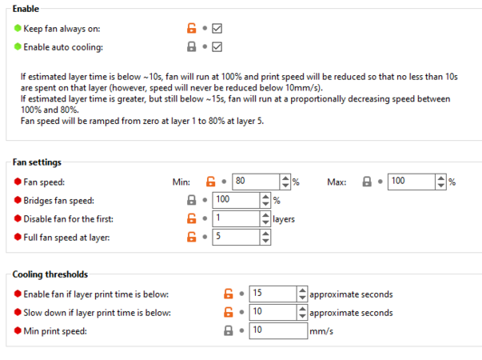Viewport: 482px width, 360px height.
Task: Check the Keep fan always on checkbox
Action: [217, 28]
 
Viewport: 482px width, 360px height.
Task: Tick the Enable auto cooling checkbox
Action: [217, 46]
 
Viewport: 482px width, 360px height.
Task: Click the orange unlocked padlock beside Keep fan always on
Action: [192, 28]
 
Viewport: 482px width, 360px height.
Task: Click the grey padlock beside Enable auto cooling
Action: [192, 46]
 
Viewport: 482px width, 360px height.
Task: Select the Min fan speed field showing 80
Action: [256, 182]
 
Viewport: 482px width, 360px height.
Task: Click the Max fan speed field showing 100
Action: [412, 182]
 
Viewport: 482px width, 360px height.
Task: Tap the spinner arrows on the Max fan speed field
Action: [440, 182]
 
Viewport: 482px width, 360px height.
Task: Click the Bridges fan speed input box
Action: [236, 200]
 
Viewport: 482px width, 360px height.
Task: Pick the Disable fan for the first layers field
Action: [236, 218]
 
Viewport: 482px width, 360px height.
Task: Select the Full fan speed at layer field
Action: [236, 238]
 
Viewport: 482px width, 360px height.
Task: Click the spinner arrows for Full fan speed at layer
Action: [265, 238]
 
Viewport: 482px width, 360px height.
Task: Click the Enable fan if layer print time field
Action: [273, 294]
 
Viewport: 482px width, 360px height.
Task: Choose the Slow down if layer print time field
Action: [273, 312]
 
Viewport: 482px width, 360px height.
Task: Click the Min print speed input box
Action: [278, 330]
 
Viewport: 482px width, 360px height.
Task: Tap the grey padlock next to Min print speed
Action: [228, 330]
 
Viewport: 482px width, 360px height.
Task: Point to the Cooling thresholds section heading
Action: [50, 274]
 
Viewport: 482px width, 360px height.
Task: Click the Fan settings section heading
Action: [37, 162]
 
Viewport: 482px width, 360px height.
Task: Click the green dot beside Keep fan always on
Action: [18, 28]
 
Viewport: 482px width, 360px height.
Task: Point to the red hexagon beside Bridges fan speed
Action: [18, 200]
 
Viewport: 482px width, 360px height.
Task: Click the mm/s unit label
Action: [321, 331]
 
